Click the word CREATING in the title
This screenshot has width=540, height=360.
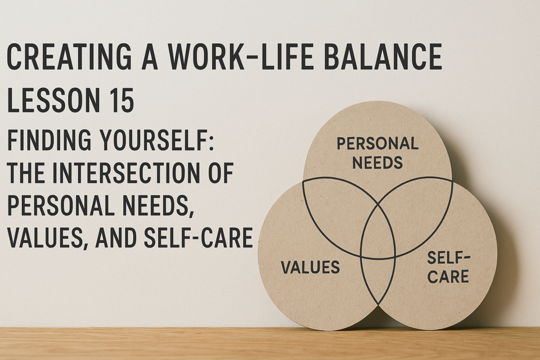pos(69,57)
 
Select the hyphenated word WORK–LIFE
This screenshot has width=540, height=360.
pos(241,57)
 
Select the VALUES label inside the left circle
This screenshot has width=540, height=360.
pos(310,267)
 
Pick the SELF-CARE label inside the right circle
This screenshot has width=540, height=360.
pos(448,267)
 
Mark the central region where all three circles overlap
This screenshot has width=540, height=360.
pos(378,234)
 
